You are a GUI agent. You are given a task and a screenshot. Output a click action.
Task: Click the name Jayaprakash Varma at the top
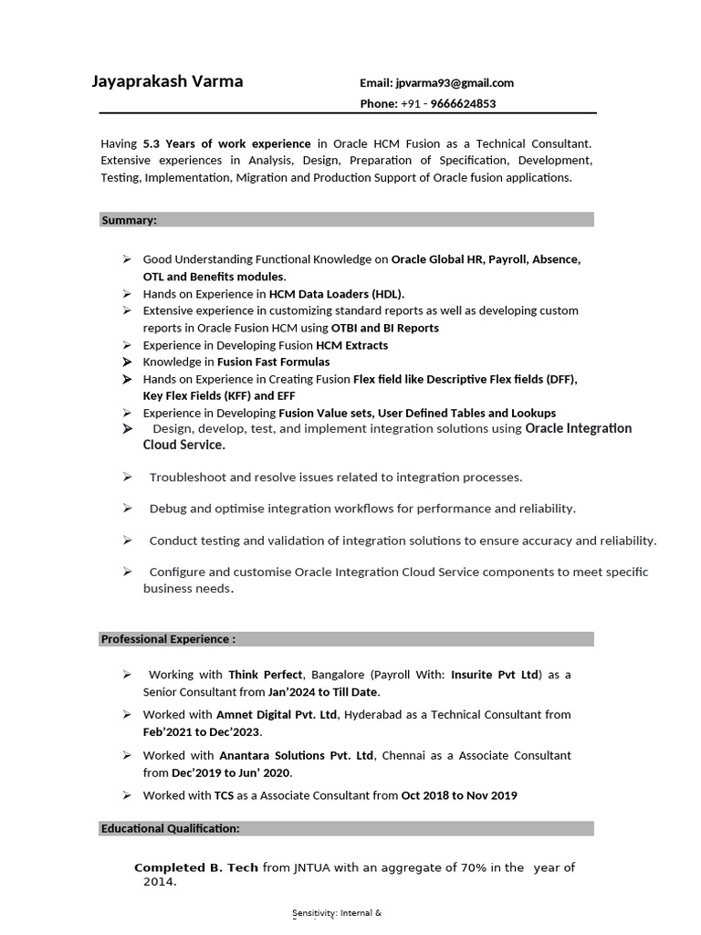[167, 81]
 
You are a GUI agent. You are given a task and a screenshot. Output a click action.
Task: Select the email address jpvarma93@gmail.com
[455, 83]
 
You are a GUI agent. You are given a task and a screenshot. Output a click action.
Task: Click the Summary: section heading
[129, 220]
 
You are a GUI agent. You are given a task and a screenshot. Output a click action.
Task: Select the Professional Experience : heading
[168, 639]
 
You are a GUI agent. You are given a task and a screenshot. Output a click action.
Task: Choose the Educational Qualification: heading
[170, 828]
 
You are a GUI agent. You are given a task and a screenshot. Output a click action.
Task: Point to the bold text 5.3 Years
[166, 144]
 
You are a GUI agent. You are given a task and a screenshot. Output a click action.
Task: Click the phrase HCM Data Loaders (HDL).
[336, 294]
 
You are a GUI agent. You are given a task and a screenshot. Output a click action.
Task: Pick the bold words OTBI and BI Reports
[384, 328]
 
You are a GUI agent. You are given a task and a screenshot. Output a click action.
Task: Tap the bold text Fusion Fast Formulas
[273, 362]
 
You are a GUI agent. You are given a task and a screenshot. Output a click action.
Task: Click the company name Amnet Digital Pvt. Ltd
[277, 715]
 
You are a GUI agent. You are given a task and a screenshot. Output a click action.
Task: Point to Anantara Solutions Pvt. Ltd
[297, 756]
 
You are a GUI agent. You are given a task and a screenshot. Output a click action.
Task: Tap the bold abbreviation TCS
[225, 795]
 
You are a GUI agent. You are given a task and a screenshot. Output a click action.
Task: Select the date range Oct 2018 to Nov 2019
[459, 795]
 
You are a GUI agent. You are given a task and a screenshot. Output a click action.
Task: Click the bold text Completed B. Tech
[196, 867]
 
